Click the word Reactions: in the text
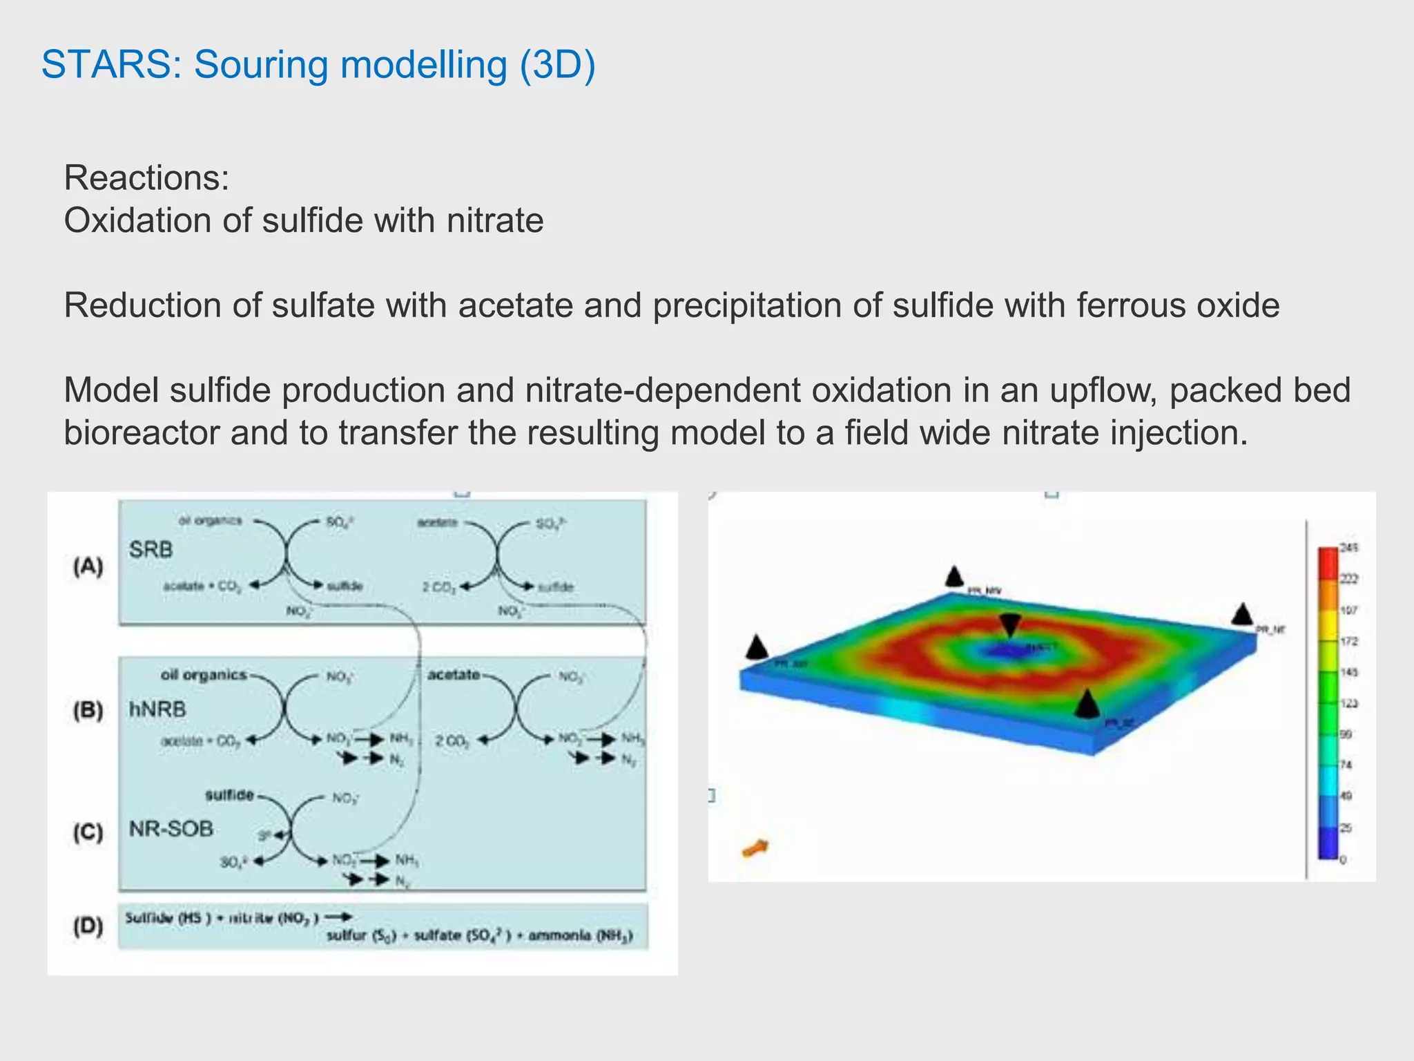click(146, 178)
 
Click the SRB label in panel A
click(151, 550)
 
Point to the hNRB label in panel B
click(157, 709)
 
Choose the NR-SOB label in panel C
click(171, 828)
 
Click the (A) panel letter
click(88, 566)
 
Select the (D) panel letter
click(88, 926)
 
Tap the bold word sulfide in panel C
click(229, 795)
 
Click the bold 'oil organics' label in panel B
click(203, 674)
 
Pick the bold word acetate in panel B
click(453, 674)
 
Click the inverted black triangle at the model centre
click(1010, 624)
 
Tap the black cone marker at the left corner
click(757, 648)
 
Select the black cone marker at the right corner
click(1242, 613)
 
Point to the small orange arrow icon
click(755, 848)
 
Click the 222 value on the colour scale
click(1348, 579)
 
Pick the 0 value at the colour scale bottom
click(1343, 860)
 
